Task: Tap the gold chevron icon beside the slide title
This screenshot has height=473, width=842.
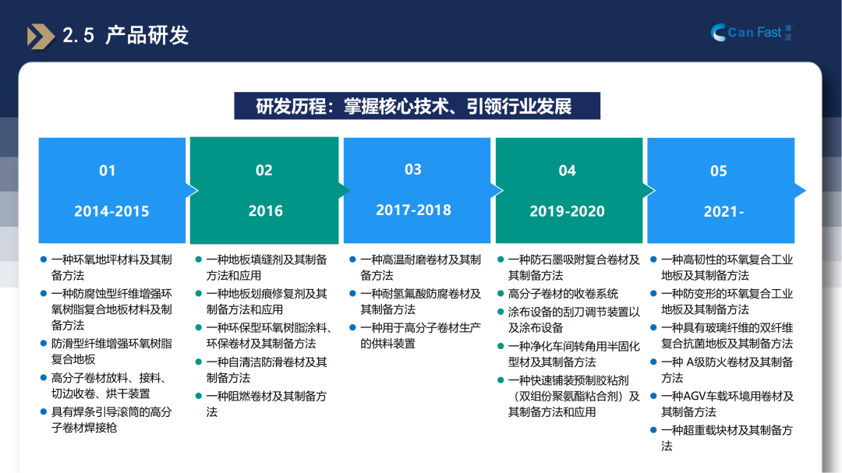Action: [41, 37]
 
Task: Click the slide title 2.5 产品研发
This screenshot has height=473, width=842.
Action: [126, 35]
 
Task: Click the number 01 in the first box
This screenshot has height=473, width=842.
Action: [108, 171]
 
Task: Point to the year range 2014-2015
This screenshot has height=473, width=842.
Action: [111, 211]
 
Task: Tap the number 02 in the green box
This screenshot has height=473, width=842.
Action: [264, 170]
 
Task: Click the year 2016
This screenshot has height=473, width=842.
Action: [265, 210]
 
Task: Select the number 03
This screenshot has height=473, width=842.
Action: [413, 169]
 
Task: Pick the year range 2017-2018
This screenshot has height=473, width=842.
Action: [413, 210]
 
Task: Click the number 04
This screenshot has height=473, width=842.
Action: [567, 170]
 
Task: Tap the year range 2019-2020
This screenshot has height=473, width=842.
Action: [567, 211]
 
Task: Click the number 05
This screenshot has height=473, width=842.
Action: [719, 171]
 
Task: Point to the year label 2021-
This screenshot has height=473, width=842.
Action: [723, 211]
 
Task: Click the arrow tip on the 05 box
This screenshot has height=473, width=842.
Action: [805, 190]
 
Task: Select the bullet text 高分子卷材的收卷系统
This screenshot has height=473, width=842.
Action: [563, 294]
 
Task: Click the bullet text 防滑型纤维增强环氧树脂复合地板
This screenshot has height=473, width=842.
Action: [111, 351]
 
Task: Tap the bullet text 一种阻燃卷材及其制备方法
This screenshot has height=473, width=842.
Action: [267, 404]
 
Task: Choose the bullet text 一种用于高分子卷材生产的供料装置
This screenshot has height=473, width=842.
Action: [420, 336]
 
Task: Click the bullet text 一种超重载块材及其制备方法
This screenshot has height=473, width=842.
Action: [727, 438]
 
